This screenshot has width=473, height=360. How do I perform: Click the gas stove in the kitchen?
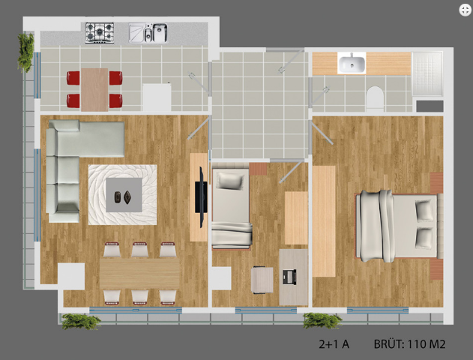(x=100, y=32)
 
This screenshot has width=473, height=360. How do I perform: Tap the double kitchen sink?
(x=148, y=33)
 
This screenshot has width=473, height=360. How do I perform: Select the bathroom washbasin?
(x=352, y=63)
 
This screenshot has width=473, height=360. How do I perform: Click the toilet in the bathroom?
(x=375, y=97)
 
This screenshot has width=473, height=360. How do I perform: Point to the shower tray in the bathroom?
(x=427, y=74)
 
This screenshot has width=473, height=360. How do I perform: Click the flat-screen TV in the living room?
(x=201, y=197)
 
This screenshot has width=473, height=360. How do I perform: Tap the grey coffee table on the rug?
(x=124, y=195)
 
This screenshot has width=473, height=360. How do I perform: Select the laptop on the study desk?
(x=289, y=277)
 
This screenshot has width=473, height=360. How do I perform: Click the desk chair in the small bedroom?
(x=262, y=280)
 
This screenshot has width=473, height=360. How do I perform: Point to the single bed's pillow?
(x=230, y=181)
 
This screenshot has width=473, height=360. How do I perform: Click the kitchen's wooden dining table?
(x=94, y=89)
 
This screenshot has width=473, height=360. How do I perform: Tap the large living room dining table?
(x=139, y=273)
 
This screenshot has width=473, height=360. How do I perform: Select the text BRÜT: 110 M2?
(x=409, y=343)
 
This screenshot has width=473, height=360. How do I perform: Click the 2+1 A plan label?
(x=334, y=344)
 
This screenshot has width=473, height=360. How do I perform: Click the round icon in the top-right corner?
(x=465, y=10)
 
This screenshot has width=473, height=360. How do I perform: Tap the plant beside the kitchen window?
(x=25, y=52)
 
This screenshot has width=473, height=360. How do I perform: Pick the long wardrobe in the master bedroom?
(x=324, y=221)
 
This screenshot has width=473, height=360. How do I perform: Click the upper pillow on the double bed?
(x=424, y=211)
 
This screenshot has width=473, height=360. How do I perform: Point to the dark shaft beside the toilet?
(x=430, y=106)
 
